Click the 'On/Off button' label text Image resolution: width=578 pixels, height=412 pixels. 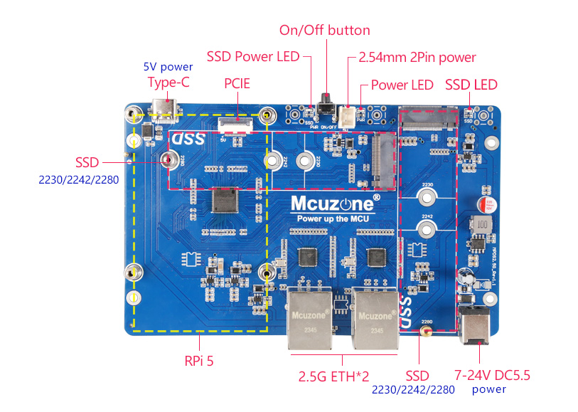click(x=324, y=30)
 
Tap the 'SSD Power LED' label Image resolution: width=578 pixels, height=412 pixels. click(x=252, y=56)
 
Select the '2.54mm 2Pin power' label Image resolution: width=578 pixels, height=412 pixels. click(x=417, y=57)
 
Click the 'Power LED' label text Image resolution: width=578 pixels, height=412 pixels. click(x=402, y=85)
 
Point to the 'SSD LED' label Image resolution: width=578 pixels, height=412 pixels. click(x=471, y=85)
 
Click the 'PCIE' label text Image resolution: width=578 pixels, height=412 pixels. click(x=237, y=83)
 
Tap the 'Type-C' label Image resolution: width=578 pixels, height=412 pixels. click(x=168, y=82)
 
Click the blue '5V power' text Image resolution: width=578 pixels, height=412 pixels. click(x=168, y=67)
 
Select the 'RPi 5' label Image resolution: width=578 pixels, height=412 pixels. click(x=199, y=361)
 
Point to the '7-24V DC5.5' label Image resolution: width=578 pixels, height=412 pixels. click(x=492, y=374)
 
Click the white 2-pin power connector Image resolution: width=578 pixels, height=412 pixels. click(x=348, y=116)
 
